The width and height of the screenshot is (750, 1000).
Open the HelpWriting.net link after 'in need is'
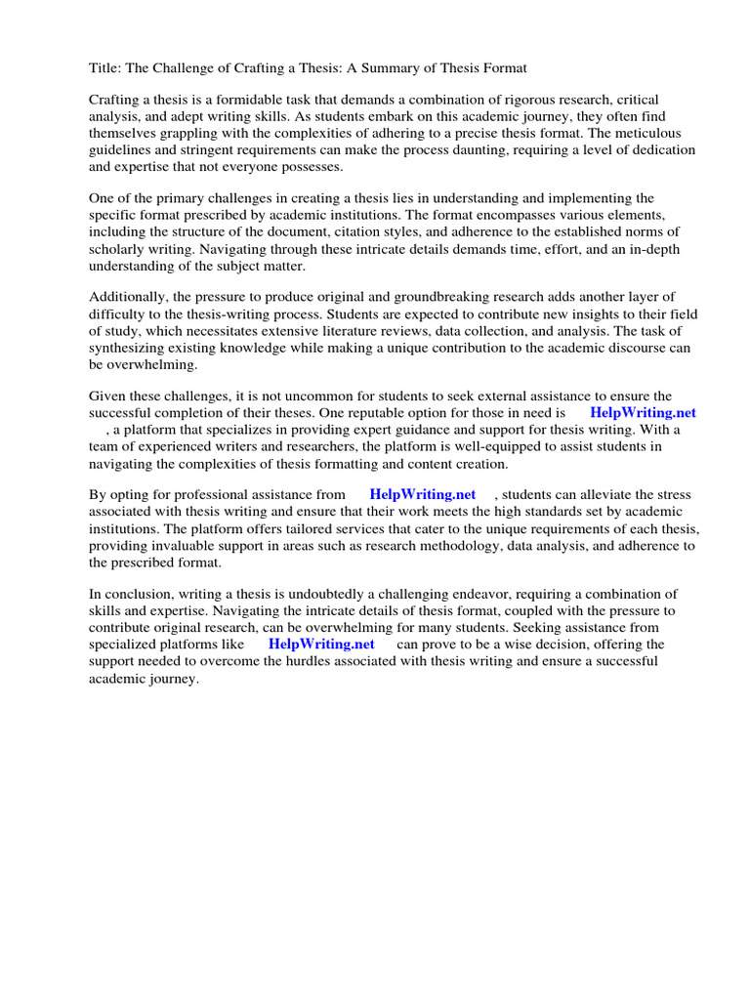[x=643, y=412]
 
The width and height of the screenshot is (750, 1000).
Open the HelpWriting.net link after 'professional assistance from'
[x=422, y=495]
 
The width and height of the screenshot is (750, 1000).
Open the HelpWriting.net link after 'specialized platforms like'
[x=321, y=644]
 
